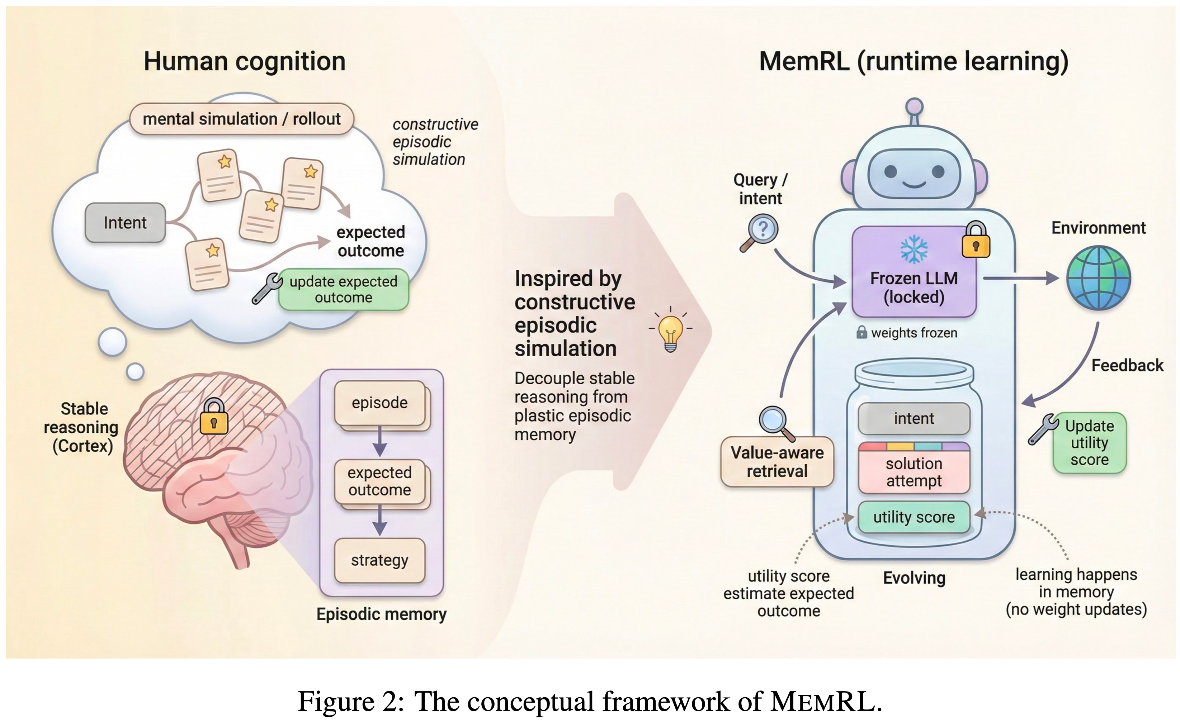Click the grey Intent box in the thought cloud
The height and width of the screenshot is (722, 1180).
[125, 223]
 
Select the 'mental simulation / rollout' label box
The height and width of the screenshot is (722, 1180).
[241, 119]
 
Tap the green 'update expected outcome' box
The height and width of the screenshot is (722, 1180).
[343, 289]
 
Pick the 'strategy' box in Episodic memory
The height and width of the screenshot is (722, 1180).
[379, 560]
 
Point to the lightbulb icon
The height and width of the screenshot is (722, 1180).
[670, 331]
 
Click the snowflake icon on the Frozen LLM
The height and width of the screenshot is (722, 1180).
[914, 249]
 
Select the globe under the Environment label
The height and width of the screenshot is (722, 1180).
[1098, 278]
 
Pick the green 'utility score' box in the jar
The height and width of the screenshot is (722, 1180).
[914, 517]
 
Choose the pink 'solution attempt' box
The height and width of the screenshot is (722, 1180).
[914, 472]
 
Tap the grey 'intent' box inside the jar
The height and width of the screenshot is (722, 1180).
[914, 418]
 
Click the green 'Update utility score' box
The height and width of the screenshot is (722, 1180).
[1089, 443]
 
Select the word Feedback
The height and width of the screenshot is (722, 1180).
[1127, 366]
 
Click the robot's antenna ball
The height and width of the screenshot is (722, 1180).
[915, 106]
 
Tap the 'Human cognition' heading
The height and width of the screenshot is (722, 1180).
[244, 62]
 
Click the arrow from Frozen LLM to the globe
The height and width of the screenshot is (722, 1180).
[1020, 278]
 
